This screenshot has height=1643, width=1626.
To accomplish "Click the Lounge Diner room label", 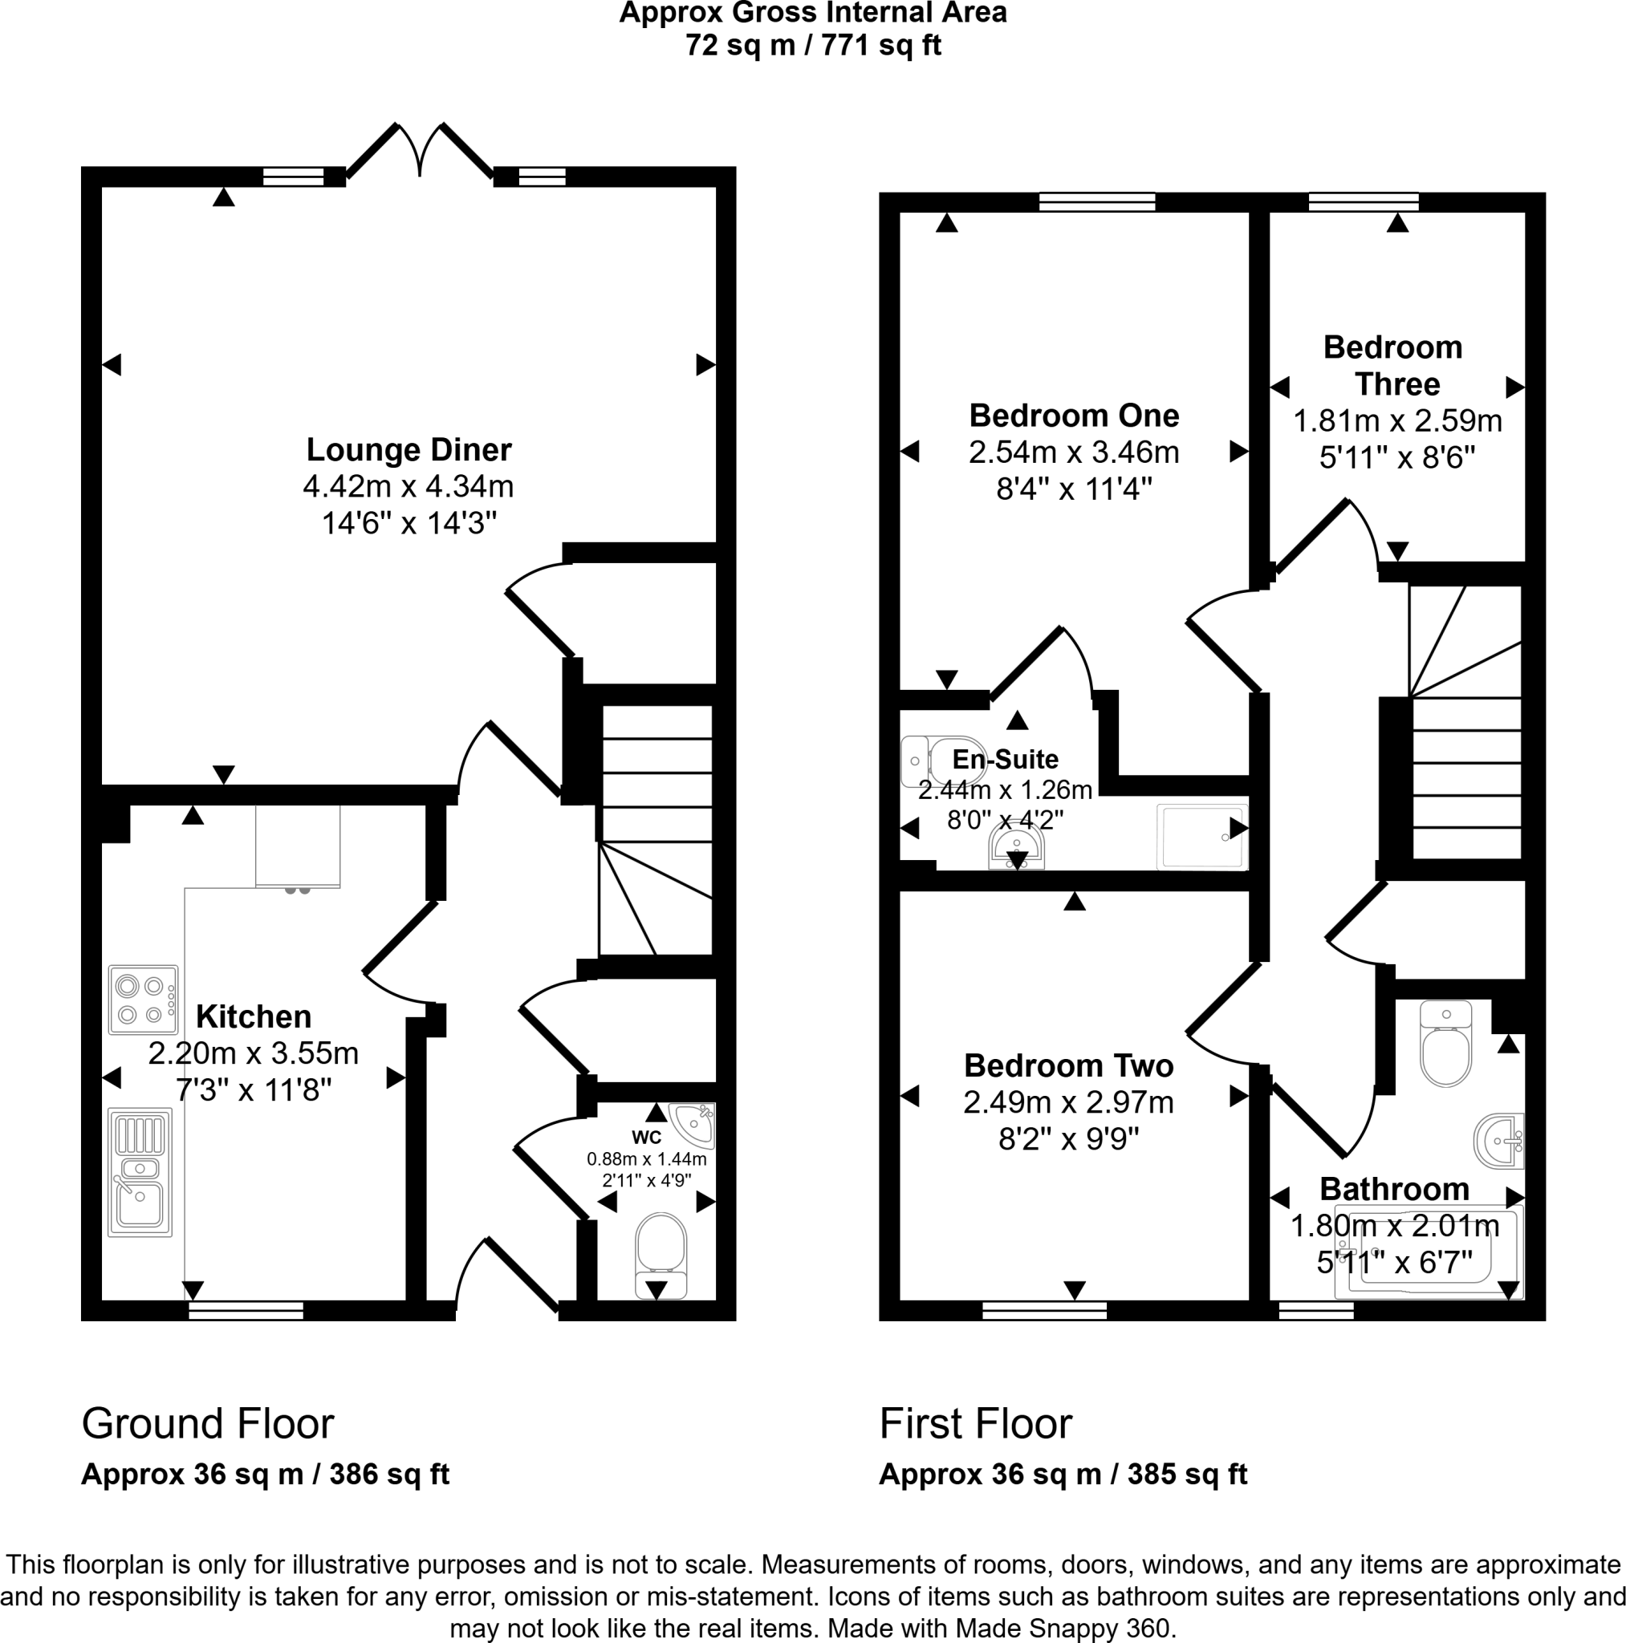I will pos(409,450).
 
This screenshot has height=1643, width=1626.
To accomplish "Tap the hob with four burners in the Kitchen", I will pos(143,1000).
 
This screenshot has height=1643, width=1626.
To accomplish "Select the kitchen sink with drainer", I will pos(140,1171).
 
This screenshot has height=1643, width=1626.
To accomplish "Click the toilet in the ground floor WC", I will pos(661,1254).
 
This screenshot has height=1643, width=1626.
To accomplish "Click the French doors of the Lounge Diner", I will pos(421,153).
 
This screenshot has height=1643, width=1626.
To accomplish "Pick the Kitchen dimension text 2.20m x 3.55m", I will pos(253,1053).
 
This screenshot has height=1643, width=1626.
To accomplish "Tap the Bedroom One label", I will pos(1074,416).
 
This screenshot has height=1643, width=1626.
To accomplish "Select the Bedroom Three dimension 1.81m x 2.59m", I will pos(1397,421).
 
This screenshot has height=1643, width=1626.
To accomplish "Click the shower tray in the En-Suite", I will pos(1201,837).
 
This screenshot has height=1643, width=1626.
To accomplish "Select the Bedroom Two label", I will pos(1068,1065).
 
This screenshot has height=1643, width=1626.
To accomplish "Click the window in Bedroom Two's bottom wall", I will pos(1044,1311).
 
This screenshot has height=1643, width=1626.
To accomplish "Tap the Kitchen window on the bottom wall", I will pos(246,1311).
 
